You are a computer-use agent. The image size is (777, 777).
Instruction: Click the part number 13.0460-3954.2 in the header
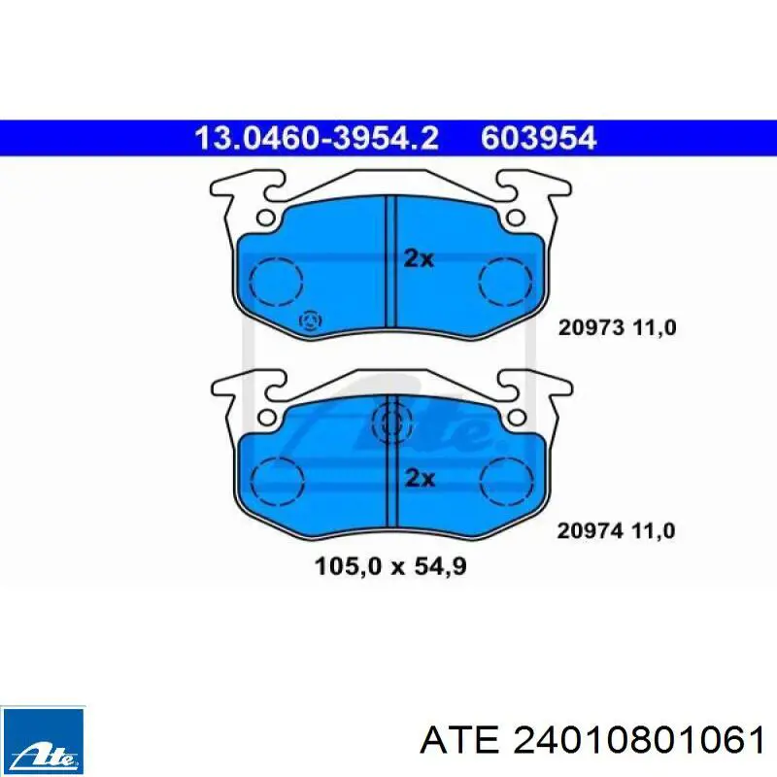click(317, 139)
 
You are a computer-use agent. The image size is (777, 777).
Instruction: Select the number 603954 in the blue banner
click(537, 139)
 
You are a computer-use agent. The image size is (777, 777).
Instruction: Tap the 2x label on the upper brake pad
click(419, 258)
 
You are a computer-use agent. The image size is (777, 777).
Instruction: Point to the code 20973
click(588, 329)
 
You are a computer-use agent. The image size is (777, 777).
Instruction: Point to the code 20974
click(588, 530)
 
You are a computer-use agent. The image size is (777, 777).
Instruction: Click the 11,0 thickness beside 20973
click(652, 329)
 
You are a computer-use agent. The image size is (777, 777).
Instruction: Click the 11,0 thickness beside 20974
click(652, 530)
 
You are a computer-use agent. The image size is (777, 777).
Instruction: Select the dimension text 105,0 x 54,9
click(390, 564)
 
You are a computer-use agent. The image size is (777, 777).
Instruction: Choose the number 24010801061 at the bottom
click(636, 741)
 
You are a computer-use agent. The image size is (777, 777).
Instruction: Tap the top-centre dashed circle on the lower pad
click(390, 422)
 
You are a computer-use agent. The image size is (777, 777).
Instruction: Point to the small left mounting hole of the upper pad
click(265, 219)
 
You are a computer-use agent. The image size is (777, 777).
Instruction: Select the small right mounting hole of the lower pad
click(516, 417)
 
